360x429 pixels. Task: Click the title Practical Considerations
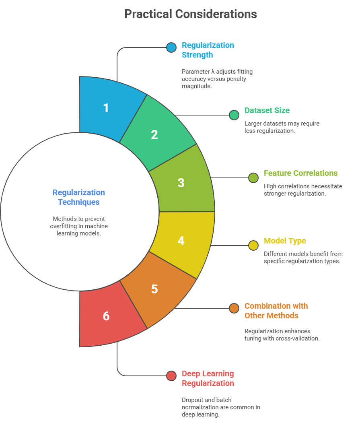(190, 14)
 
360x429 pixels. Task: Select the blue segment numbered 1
(106, 108)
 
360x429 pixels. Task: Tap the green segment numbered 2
(155, 134)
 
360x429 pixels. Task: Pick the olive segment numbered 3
(181, 182)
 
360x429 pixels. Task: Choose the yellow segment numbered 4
(181, 241)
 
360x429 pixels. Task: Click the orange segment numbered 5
(155, 289)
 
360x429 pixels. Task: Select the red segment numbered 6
(106, 316)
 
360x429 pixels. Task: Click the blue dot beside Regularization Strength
(171, 47)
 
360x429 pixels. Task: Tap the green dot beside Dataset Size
(234, 115)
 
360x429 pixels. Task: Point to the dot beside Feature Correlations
(253, 178)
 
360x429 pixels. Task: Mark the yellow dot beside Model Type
(253, 245)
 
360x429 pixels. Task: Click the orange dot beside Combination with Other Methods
(234, 308)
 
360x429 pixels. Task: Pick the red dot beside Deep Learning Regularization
(171, 376)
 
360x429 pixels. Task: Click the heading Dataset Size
(267, 110)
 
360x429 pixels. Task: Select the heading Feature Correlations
(300, 173)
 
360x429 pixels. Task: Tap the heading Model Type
(285, 241)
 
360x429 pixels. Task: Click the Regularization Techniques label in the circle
(79, 197)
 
